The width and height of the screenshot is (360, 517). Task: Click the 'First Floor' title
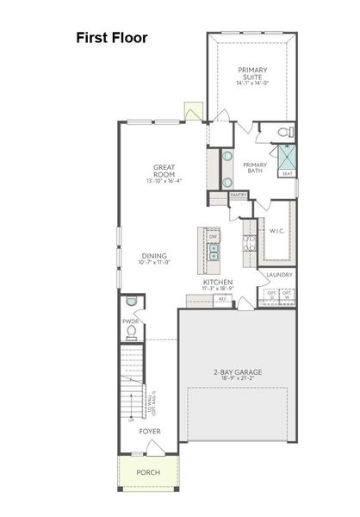(x=112, y=37)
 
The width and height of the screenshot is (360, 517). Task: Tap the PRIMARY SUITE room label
(x=252, y=74)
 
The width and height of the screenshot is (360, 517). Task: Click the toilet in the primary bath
(x=284, y=132)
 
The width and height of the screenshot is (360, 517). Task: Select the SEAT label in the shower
(x=286, y=173)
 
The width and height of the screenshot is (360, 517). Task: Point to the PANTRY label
(x=239, y=195)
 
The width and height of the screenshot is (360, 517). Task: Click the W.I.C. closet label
(x=276, y=230)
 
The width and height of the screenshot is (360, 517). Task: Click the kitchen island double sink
(x=213, y=252)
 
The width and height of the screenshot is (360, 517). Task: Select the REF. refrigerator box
(x=222, y=298)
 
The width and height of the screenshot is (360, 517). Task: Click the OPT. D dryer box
(x=272, y=296)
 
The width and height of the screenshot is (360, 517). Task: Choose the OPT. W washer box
(x=288, y=296)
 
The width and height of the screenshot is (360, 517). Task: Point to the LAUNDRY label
(x=280, y=275)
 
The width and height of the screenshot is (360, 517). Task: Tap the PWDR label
(x=130, y=321)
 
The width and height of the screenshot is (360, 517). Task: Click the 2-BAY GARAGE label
(x=238, y=372)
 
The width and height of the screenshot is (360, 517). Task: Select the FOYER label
(x=150, y=431)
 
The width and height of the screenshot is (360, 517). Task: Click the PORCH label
(x=148, y=473)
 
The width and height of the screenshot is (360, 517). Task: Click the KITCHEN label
(x=218, y=282)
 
